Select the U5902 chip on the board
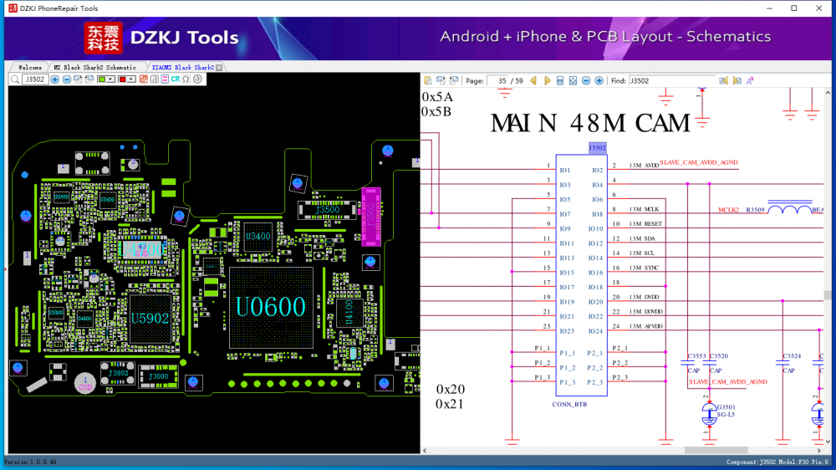[150, 319]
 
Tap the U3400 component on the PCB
[257, 238]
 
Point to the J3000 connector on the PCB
[158, 376]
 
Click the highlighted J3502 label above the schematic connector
[597, 148]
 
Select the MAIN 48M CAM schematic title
[590, 124]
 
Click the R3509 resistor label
[755, 209]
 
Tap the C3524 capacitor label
[791, 356]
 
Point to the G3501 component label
[724, 407]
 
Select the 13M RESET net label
[645, 224]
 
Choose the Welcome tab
[29, 67]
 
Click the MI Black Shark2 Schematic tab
[94, 67]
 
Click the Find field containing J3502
[670, 81]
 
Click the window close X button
[817, 8]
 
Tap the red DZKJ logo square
[103, 38]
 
